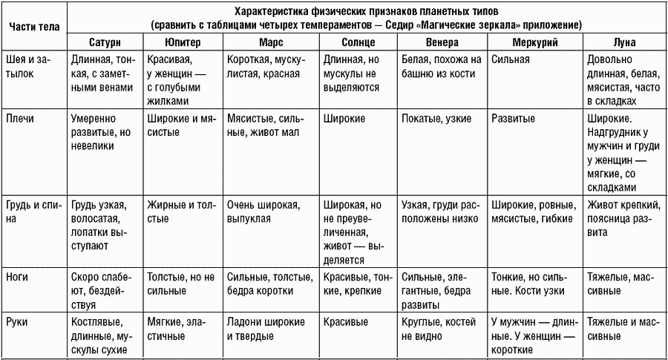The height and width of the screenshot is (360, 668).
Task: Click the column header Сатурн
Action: click(104, 42)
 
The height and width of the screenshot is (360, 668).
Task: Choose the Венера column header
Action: click(442, 42)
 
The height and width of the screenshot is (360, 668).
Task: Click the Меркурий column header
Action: click(534, 42)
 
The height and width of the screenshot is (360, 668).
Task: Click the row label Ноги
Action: click(18, 277)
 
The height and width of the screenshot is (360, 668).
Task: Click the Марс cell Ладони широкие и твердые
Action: click(265, 329)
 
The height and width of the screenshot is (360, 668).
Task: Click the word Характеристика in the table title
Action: click(275, 13)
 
